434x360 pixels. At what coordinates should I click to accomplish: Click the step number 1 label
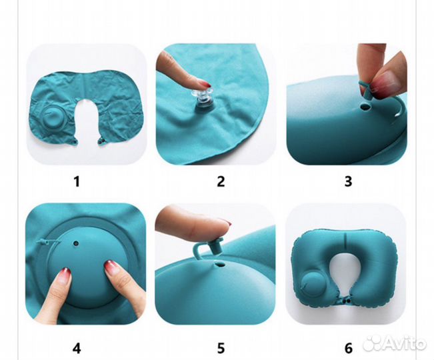(x=77, y=181)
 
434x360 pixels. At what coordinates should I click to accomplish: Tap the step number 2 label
(x=221, y=181)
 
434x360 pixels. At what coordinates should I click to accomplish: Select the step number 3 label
(x=348, y=181)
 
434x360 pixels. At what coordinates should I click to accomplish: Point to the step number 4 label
(x=77, y=348)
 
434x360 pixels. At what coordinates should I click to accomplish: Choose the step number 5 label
(x=221, y=348)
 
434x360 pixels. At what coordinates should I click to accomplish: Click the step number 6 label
(x=349, y=348)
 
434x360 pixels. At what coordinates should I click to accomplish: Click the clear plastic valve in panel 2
(x=203, y=100)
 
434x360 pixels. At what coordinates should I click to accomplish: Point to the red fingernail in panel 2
(x=205, y=83)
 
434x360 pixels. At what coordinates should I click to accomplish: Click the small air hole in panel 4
(x=75, y=243)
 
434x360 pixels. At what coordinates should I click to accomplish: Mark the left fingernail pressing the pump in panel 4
(x=65, y=275)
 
